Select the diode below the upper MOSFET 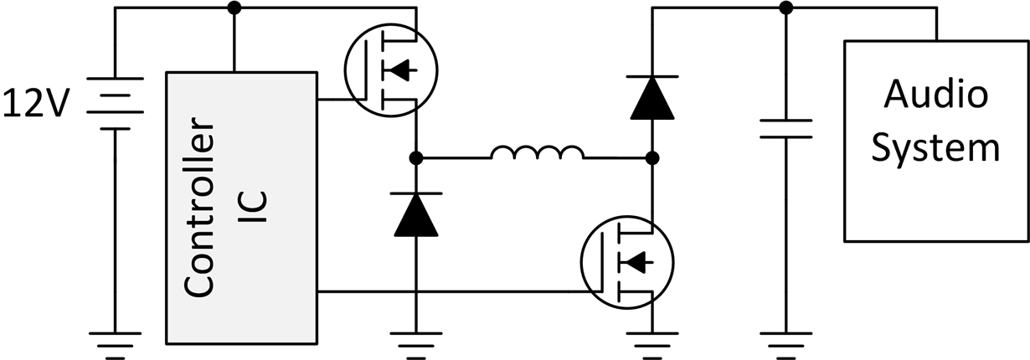tap(416, 214)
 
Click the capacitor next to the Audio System tap(785, 128)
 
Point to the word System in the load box tap(936, 147)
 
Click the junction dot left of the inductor tap(416, 157)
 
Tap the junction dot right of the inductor tap(652, 157)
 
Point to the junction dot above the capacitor tap(785, 8)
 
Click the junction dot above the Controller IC tap(234, 8)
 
